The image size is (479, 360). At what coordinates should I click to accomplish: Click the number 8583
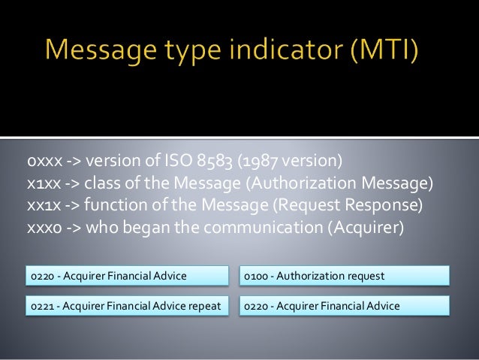point(218,161)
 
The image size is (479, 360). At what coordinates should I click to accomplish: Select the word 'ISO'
point(179,161)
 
